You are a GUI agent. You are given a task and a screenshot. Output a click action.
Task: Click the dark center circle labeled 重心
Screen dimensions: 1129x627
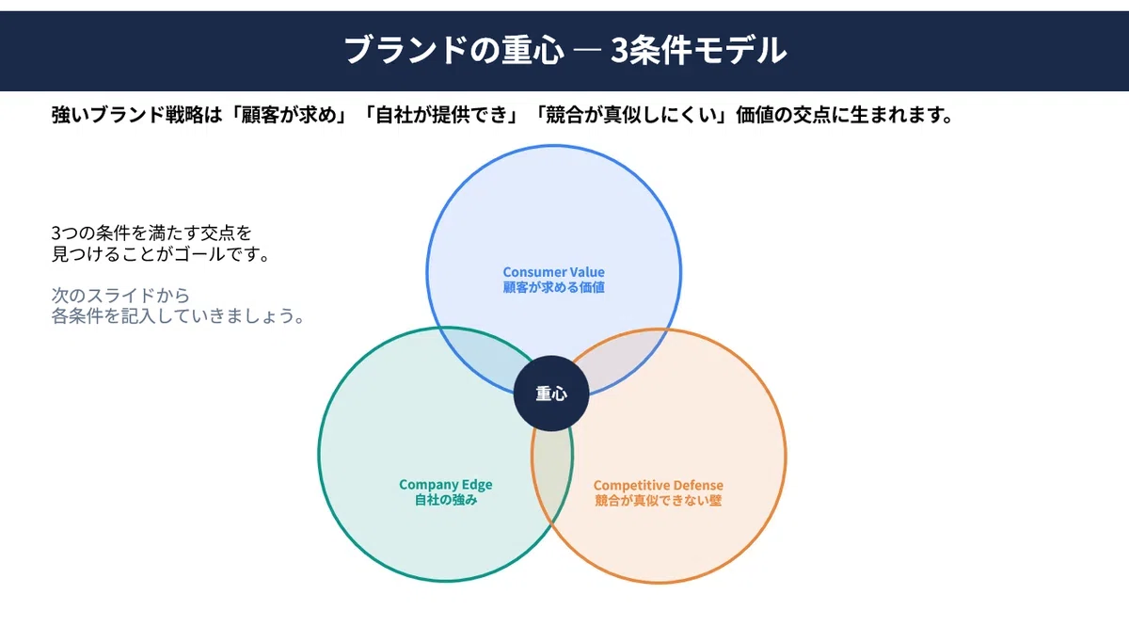(x=551, y=394)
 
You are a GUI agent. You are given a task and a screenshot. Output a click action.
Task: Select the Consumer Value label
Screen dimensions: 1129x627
(x=553, y=272)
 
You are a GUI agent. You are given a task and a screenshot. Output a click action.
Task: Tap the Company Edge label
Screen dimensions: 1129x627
(x=446, y=485)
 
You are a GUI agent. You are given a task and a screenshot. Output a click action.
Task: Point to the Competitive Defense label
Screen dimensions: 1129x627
(x=659, y=485)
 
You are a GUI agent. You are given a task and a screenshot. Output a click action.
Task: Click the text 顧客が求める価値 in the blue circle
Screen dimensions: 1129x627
(x=553, y=287)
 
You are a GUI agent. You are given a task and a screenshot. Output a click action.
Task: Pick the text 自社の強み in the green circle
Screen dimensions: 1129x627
(x=446, y=500)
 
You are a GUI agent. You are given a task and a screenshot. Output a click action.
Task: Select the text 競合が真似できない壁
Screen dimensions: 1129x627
(x=659, y=501)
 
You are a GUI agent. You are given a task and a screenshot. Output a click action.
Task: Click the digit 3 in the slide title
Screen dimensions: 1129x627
(x=619, y=51)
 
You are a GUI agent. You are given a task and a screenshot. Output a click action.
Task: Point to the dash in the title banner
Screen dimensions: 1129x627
(x=588, y=51)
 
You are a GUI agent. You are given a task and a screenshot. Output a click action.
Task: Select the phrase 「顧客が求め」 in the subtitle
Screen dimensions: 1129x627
(x=289, y=115)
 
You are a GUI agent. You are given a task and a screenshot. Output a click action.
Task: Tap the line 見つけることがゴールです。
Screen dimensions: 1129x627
(x=162, y=254)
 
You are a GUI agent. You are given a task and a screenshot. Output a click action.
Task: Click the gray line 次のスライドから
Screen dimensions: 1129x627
(x=120, y=295)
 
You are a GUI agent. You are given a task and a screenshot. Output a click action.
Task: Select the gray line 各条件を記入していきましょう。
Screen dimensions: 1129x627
(x=179, y=315)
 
